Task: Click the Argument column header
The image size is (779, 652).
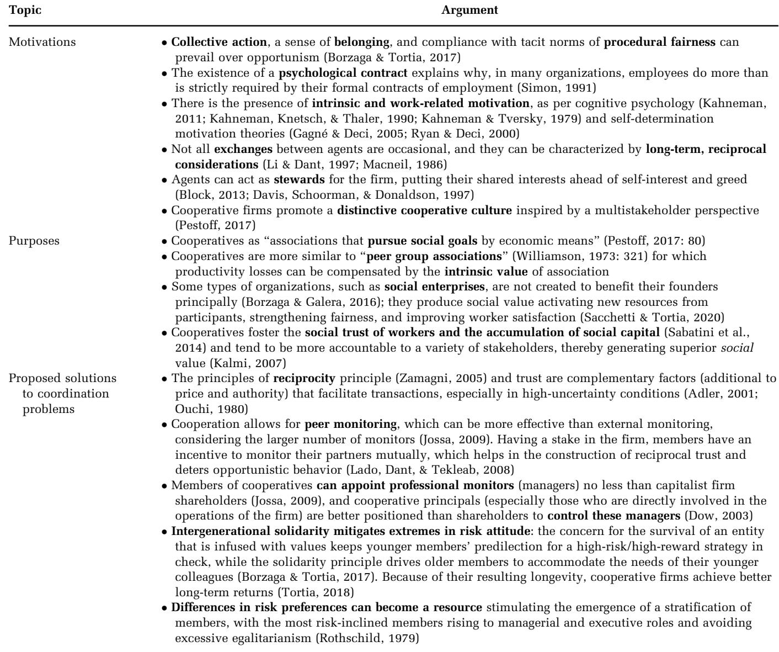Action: click(470, 10)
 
